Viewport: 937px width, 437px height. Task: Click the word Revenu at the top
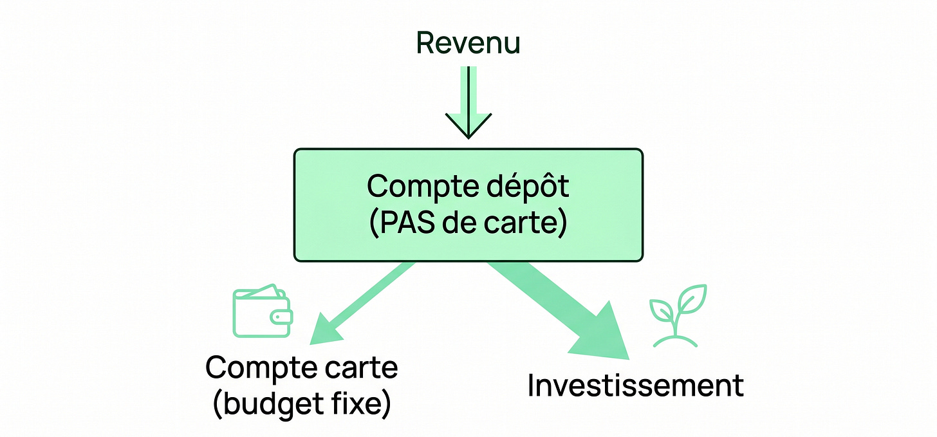click(468, 42)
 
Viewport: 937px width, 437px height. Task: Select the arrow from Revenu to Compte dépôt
click(469, 102)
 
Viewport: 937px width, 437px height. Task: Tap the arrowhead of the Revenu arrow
click(469, 126)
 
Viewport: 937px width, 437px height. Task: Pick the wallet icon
click(263, 311)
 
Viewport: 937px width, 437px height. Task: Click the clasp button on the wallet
click(282, 317)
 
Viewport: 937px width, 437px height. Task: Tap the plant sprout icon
click(678, 316)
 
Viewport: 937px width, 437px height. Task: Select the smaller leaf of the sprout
click(662, 310)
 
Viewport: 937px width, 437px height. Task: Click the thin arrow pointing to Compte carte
click(362, 304)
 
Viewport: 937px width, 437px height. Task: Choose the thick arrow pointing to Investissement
click(559, 310)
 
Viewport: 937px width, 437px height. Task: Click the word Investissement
click(635, 385)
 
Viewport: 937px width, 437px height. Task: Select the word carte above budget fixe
click(361, 368)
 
